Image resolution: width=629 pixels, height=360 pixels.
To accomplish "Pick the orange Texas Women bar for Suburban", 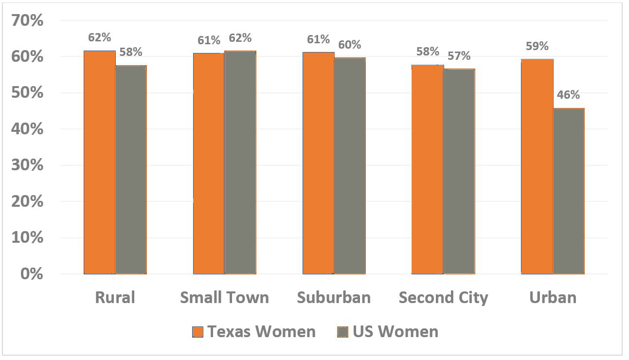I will click(x=319, y=162).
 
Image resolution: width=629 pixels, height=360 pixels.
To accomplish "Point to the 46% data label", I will click(x=568, y=95).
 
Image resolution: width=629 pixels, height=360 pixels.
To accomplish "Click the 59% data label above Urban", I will click(x=537, y=46).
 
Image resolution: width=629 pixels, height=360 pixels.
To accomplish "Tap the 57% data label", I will click(x=459, y=56).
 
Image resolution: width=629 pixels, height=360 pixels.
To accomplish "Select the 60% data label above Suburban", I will click(x=349, y=45).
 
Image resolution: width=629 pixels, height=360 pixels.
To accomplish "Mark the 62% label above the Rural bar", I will click(x=100, y=37).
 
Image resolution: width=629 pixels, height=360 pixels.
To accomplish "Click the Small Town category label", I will click(x=224, y=297).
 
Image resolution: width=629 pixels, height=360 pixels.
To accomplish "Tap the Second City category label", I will click(x=443, y=297).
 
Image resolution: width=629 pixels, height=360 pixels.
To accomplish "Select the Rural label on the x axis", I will click(x=115, y=297).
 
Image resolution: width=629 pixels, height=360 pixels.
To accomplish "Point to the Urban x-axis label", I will click(x=553, y=297).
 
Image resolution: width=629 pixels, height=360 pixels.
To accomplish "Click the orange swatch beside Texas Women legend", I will click(x=197, y=332).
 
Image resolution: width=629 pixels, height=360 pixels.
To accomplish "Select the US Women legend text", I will click(x=395, y=332).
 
